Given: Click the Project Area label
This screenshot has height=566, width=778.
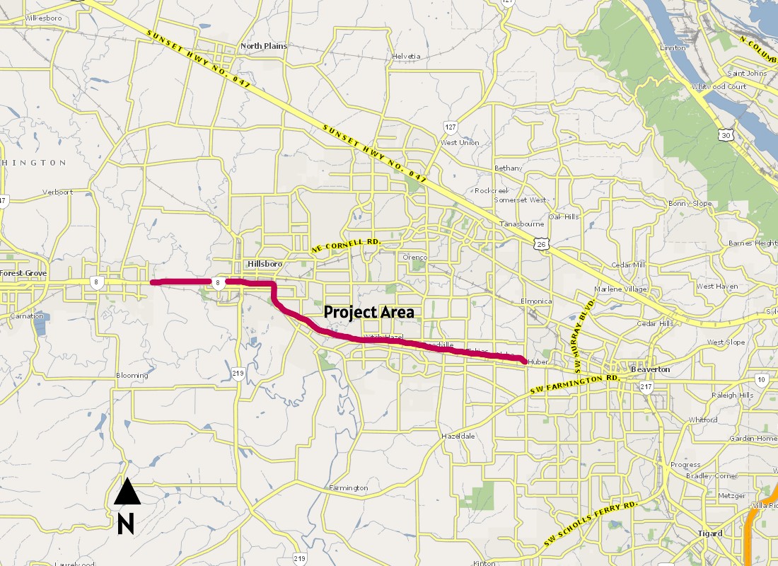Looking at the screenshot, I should click(368, 312).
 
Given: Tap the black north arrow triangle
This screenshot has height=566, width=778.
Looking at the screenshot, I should click(127, 492).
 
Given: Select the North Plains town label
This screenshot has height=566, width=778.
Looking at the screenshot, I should click(264, 46).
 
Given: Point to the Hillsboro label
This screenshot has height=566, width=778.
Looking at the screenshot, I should click(265, 264).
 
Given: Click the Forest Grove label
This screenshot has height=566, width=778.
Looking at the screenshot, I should click(23, 273).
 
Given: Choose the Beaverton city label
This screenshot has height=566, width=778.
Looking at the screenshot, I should click(650, 369).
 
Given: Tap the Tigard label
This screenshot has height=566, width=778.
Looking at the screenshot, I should click(709, 533).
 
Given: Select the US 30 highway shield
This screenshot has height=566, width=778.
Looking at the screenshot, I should click(726, 134).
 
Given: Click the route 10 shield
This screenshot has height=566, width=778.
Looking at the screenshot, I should click(761, 380).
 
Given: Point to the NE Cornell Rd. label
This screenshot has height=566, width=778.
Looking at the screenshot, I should click(347, 245).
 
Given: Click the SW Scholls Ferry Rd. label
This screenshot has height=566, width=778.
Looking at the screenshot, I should click(591, 524).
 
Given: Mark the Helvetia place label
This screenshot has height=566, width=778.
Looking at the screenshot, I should click(406, 57).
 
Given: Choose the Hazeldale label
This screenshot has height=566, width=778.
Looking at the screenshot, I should click(458, 436).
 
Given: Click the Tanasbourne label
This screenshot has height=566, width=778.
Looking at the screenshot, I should click(521, 224).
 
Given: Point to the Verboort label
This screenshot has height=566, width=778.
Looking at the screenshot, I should click(58, 192).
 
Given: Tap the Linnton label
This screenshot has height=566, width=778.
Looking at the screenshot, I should click(673, 48).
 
